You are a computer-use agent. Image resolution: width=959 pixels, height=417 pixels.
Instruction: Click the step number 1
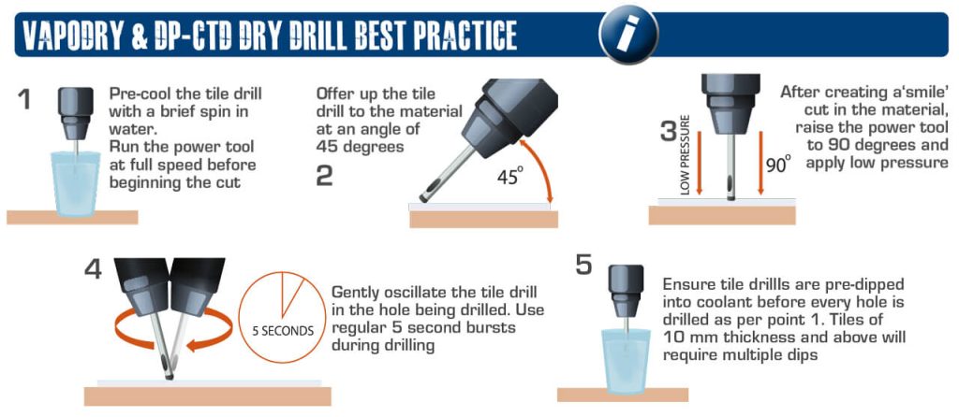click(26, 98)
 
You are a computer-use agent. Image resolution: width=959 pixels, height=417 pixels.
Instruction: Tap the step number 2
click(324, 175)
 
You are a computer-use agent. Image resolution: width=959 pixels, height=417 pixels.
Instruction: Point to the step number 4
click(93, 268)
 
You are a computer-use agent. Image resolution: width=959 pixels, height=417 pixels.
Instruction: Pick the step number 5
click(583, 266)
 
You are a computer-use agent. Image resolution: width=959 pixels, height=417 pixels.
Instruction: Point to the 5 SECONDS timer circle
click(278, 312)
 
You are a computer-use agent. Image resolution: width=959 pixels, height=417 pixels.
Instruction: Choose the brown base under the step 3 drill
click(722, 214)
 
